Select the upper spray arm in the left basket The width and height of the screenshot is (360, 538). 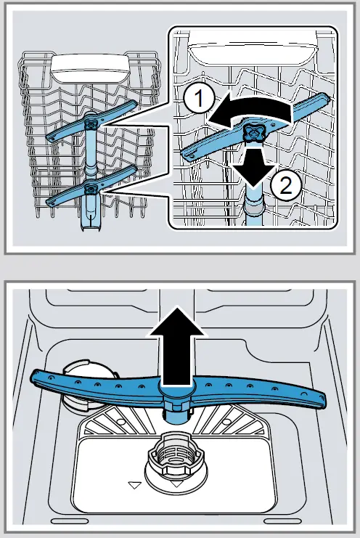tap(91, 123)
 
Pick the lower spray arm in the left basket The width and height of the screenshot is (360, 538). tap(90, 187)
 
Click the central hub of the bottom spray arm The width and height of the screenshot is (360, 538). tap(173, 399)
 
